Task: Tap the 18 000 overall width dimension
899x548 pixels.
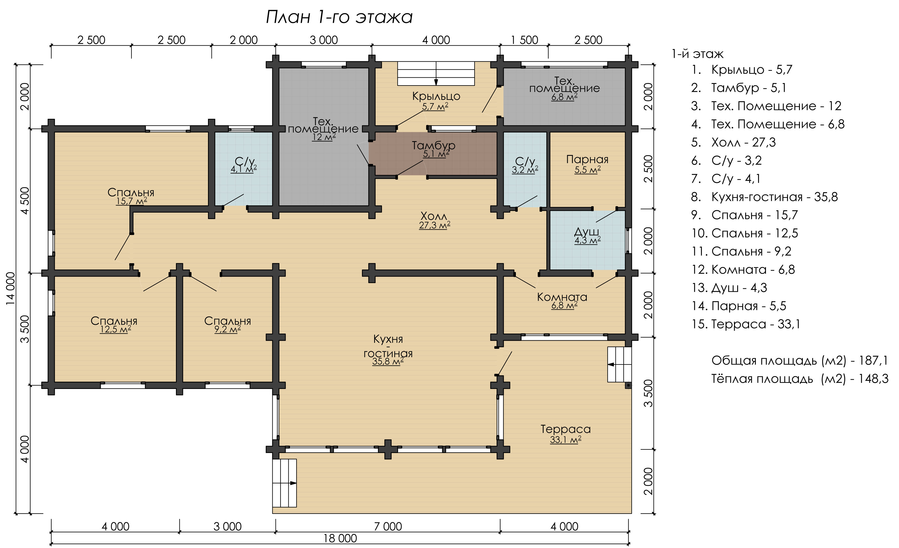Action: coord(340,538)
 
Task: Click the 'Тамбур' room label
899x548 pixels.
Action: coord(433,145)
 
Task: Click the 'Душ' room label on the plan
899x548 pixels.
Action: coord(587,232)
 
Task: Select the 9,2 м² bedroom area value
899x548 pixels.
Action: coord(227,329)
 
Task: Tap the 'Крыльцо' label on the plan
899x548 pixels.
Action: coord(436,96)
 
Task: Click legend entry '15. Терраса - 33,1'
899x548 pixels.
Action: coord(746,324)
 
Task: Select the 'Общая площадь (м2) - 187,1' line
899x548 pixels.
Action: coord(799,361)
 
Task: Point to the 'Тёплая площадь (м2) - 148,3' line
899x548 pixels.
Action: coord(800,379)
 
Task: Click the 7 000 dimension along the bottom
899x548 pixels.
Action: coord(388,527)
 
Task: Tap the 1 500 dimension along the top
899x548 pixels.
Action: coord(524,40)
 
